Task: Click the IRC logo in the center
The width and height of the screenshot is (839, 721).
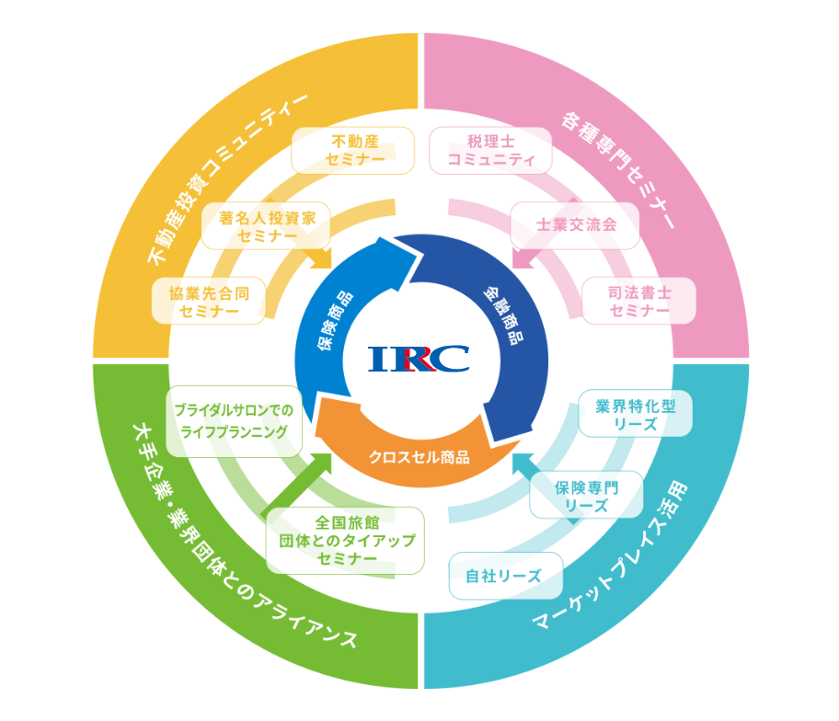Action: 419,358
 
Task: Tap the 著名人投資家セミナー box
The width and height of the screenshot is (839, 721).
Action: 266,226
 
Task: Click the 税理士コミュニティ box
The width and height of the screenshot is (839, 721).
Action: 490,151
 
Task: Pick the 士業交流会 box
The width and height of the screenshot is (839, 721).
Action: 575,225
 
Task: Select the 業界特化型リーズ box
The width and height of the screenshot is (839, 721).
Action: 636,415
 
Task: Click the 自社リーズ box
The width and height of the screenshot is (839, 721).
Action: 506,577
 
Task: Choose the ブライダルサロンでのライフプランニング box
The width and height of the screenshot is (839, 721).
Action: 235,421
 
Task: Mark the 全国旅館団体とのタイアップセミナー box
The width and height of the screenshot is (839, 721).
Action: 346,541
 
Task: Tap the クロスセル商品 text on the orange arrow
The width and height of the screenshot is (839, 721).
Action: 419,456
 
